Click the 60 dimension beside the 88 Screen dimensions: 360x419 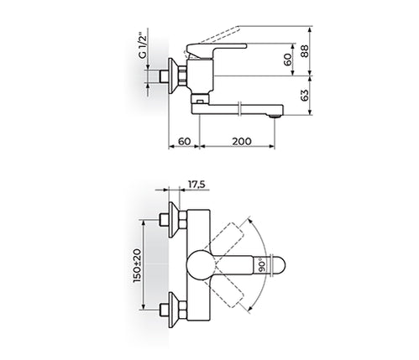point(288,60)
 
